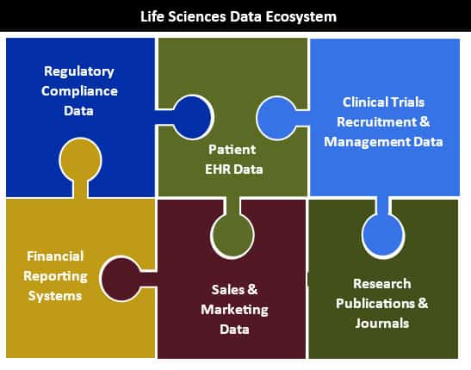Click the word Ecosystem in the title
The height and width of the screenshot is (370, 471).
pyautogui.click(x=301, y=17)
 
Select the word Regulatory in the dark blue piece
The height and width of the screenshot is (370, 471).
pyautogui.click(x=79, y=72)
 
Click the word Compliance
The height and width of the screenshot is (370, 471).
pyautogui.click(x=79, y=91)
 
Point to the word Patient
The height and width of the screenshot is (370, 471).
pyautogui.click(x=232, y=150)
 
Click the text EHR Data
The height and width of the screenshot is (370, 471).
pyautogui.click(x=234, y=170)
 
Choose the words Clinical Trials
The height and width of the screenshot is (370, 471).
pyautogui.click(x=383, y=102)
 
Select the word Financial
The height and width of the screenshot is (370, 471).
pyautogui.click(x=55, y=256)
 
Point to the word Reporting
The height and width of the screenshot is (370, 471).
pyautogui.click(x=56, y=276)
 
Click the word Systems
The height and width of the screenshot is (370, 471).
pyautogui.click(x=55, y=296)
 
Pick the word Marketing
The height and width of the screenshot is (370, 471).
pyautogui.click(x=234, y=310)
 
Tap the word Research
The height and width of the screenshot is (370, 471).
pyautogui.click(x=382, y=284)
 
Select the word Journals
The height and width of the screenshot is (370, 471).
pyautogui.click(x=382, y=324)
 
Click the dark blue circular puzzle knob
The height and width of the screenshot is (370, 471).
pyautogui.click(x=192, y=117)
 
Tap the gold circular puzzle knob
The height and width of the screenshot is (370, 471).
pyautogui.click(x=80, y=160)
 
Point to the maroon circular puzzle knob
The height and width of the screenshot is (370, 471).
pyautogui.click(x=121, y=279)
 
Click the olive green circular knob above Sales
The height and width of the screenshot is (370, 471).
pyautogui.click(x=232, y=236)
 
